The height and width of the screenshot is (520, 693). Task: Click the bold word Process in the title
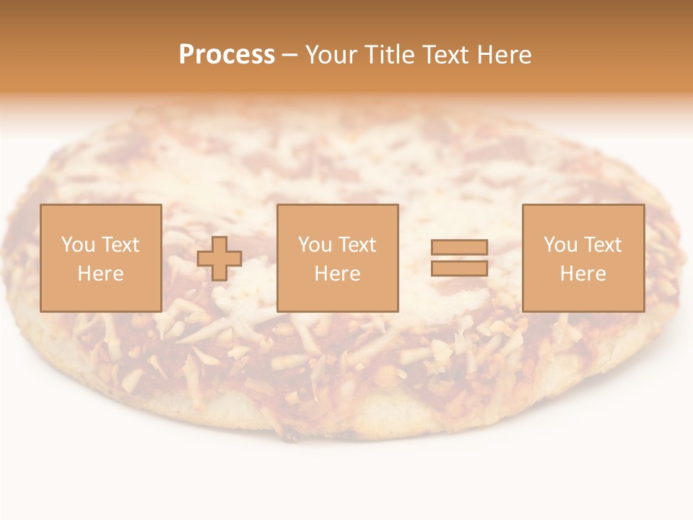(227, 55)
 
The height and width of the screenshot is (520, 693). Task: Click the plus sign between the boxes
(219, 259)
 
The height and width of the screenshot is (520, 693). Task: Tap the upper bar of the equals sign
(459, 247)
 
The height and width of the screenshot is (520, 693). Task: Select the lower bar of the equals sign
(459, 268)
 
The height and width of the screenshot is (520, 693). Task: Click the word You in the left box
(78, 245)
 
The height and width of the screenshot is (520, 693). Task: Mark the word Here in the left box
(100, 274)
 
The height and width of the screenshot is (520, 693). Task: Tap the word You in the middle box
(315, 245)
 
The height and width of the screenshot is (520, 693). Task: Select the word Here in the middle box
(337, 274)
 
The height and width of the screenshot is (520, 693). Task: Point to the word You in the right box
(560, 245)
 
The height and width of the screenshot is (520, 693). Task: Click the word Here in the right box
(583, 274)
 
